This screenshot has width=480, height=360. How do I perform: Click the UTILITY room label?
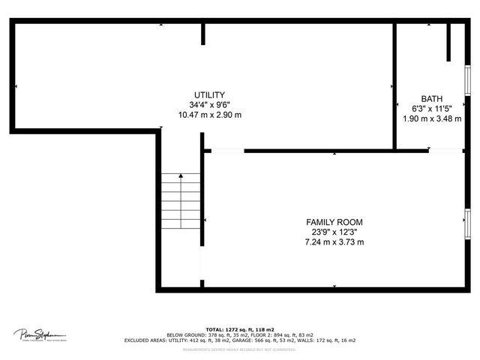tap(209, 94)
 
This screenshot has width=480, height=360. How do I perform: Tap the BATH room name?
tap(431, 99)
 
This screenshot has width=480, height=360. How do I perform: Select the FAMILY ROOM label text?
tap(334, 222)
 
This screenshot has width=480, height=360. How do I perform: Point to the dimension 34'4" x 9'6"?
tap(209, 105)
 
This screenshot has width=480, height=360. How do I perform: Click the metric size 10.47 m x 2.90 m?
tap(209, 115)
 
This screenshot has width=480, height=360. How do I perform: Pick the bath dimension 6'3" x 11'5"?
tap(431, 109)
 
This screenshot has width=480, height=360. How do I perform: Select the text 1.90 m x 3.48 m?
tap(431, 118)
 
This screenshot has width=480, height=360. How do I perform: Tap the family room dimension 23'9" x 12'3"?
tap(334, 232)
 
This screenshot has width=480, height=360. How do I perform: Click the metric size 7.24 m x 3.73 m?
tap(334, 242)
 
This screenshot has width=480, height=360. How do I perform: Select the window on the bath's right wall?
tap(467, 77)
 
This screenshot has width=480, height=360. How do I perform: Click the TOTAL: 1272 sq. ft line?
tap(239, 329)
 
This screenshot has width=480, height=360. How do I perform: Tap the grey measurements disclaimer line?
tap(239, 349)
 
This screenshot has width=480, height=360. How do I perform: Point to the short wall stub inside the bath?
tap(448, 42)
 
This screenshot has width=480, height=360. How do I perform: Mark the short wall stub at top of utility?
tap(202, 34)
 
